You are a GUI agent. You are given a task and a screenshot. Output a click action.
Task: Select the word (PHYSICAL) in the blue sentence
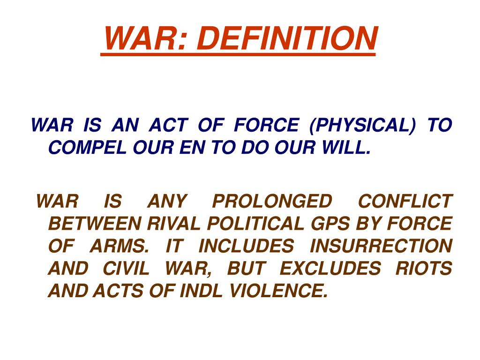pos(362,126)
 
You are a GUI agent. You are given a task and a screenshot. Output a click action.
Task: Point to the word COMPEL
pos(86,148)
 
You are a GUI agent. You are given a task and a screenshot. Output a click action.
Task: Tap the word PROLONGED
pos(272,202)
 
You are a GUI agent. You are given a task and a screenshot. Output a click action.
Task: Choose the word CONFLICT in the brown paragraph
pos(405,202)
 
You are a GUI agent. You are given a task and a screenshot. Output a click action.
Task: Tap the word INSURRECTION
pos(381,246)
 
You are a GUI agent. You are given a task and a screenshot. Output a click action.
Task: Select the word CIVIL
pos(126,269)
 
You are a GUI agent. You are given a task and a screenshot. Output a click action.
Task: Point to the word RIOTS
pos(424,269)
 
